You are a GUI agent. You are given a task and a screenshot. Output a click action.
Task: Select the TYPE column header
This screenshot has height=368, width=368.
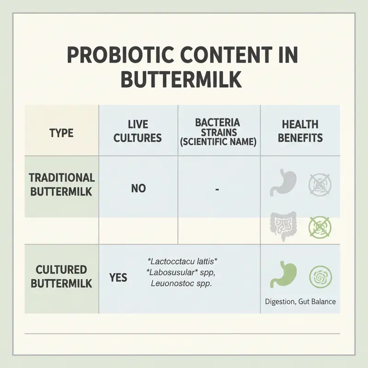61,133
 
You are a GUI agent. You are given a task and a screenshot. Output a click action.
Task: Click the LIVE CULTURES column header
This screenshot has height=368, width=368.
138,131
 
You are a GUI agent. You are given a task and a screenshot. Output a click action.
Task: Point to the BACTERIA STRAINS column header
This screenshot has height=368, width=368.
218,132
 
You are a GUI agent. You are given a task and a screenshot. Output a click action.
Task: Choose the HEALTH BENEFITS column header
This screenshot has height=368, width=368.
300,131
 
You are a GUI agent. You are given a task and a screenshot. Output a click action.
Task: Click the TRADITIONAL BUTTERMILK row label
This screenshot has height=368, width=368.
62,184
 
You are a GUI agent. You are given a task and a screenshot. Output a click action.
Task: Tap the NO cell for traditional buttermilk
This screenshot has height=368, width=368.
138,188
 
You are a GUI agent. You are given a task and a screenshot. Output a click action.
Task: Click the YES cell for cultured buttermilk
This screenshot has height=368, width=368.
118,277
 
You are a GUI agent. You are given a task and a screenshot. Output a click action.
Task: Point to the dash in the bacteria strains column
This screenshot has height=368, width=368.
218,189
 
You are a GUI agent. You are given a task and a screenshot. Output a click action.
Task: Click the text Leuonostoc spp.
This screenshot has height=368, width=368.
181,284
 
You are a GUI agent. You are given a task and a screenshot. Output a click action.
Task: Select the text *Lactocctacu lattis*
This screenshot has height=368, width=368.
181,261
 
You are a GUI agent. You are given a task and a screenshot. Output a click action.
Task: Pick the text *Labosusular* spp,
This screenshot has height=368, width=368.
181,272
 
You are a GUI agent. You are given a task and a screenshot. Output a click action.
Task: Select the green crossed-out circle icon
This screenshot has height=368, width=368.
319,227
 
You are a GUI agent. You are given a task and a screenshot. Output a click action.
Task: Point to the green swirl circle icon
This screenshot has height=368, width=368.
319,276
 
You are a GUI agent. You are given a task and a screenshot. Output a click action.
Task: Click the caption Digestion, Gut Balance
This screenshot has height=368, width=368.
300,302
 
